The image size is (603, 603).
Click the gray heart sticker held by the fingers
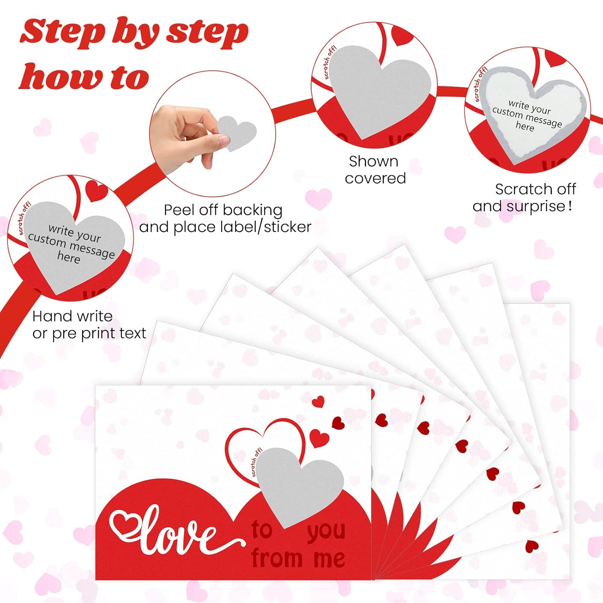coord(237,133)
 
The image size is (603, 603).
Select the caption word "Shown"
coord(373,161)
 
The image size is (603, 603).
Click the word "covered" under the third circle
coord(375,178)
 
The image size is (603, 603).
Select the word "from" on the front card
coord(277,558)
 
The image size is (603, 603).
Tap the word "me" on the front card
coord(329,559)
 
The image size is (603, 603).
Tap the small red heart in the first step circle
coord(96,191)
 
